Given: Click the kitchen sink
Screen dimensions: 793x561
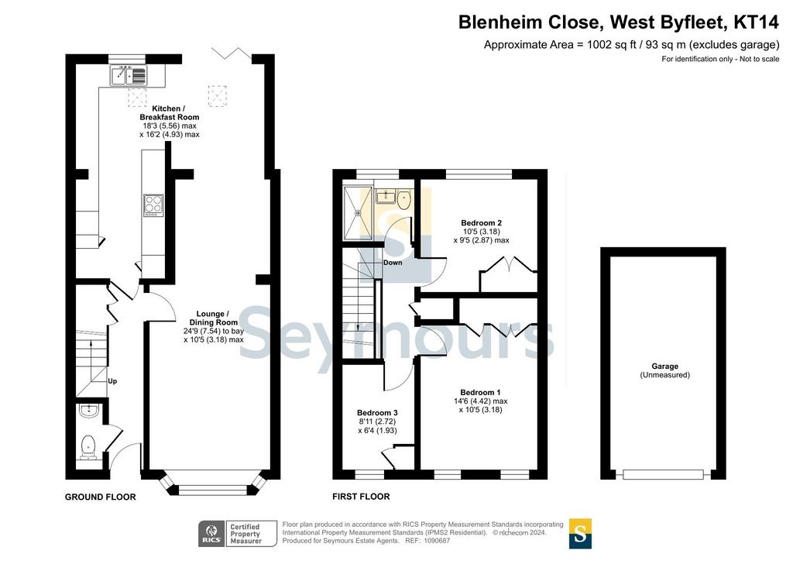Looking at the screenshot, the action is pos(128,75).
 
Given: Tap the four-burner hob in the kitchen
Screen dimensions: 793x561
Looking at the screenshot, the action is pos(154,206).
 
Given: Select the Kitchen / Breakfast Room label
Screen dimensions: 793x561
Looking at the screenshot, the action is pos(170,113).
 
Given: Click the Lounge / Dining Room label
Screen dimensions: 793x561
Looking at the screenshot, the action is pos(214,318).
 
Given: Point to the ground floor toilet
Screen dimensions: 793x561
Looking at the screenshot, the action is pos(88,447).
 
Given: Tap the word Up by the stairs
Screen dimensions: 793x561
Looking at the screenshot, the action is pos(112,381).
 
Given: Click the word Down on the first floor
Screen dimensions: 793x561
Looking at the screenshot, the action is pos(393,263).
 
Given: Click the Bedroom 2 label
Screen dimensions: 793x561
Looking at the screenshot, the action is pos(481,222).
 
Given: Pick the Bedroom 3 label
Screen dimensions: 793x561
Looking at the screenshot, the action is pos(377,413).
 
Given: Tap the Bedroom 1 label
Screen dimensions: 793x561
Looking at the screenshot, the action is pos(480,393).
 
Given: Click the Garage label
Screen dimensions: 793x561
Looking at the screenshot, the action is pos(664,367).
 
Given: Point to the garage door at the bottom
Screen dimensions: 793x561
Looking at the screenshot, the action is pos(663,474).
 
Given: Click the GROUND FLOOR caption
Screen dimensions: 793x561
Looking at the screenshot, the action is pos(100,497).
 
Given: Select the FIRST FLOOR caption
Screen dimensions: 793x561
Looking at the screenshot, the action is pos(361,497).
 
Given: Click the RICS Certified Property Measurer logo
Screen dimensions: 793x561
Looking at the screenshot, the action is pos(238,534).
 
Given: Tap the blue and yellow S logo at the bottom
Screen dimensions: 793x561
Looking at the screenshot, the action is pos(580,534).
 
